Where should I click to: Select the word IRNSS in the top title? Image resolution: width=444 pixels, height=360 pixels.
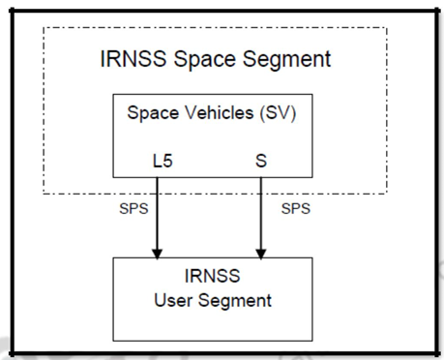[x=132, y=59]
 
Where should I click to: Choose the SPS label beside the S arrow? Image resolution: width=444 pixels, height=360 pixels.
[x=296, y=208]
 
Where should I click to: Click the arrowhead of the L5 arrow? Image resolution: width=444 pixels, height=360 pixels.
[x=156, y=253]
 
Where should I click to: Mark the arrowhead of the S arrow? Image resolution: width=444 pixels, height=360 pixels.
[x=260, y=253]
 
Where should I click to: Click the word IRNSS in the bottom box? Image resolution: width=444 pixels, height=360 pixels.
[x=213, y=278]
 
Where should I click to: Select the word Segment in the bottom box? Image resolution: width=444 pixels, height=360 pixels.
[x=236, y=300]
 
